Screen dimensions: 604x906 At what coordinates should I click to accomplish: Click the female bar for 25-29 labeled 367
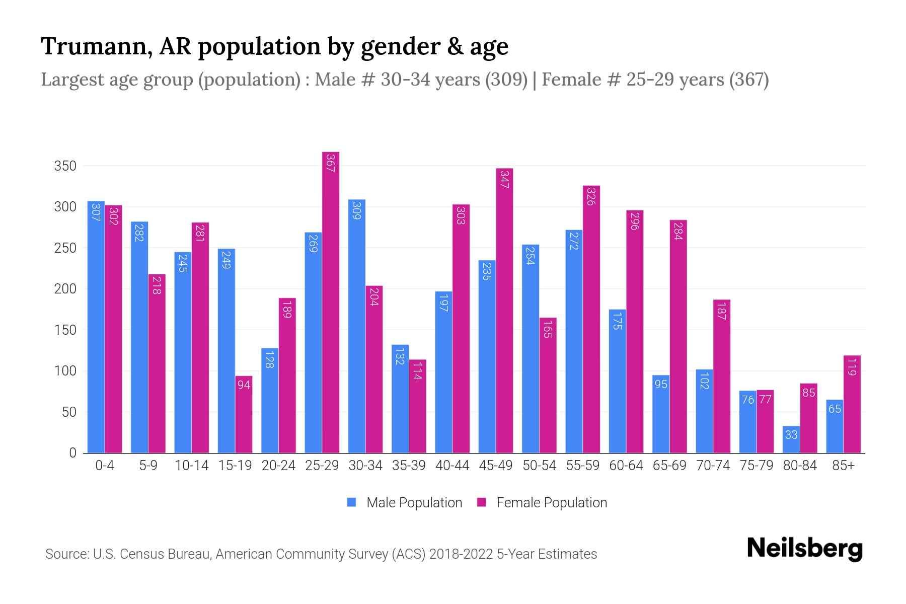[331, 302]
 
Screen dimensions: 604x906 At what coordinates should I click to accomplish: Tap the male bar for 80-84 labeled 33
[791, 439]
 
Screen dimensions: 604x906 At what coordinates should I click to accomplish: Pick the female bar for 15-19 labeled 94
[244, 414]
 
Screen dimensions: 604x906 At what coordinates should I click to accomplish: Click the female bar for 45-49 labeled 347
[504, 311]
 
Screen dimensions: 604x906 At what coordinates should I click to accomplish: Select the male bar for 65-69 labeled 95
[661, 414]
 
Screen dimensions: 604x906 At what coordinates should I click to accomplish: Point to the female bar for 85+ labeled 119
[852, 404]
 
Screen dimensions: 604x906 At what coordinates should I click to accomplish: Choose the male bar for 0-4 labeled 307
[96, 327]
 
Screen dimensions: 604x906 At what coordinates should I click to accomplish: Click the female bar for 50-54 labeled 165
[548, 385]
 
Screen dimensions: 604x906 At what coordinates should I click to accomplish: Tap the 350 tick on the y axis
[65, 166]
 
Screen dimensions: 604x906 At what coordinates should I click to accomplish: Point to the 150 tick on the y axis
[65, 330]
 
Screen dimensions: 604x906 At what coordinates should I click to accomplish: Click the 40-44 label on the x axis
[452, 466]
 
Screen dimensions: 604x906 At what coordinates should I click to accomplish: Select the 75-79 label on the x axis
[756, 466]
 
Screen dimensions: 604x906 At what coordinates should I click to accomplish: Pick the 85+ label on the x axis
[843, 466]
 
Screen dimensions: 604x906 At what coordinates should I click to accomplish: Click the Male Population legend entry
[414, 503]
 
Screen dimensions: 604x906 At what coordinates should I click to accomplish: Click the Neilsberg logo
[804, 549]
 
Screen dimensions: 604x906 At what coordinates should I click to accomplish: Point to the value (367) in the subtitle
[749, 80]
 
